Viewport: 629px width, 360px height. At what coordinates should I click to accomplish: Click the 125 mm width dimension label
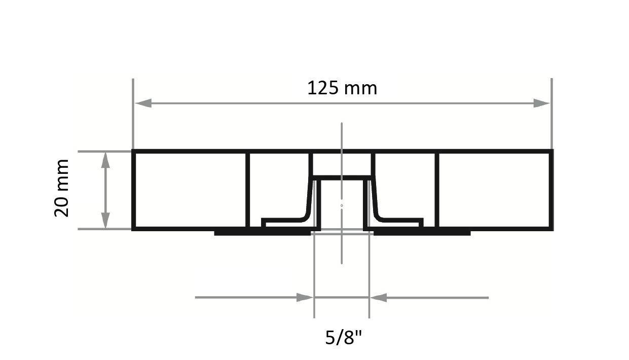click(342, 88)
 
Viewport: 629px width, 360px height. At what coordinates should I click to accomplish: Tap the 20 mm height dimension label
click(61, 188)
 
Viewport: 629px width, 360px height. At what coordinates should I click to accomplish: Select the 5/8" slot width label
click(344, 337)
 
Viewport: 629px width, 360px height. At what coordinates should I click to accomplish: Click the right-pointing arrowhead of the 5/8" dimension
click(305, 298)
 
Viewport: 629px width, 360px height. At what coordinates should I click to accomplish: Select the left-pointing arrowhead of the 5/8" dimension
click(378, 298)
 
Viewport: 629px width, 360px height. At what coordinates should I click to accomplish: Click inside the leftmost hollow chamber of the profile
click(189, 190)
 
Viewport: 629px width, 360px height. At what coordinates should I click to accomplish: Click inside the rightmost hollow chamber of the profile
click(494, 190)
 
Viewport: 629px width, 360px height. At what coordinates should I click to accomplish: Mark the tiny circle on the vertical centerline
click(342, 205)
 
